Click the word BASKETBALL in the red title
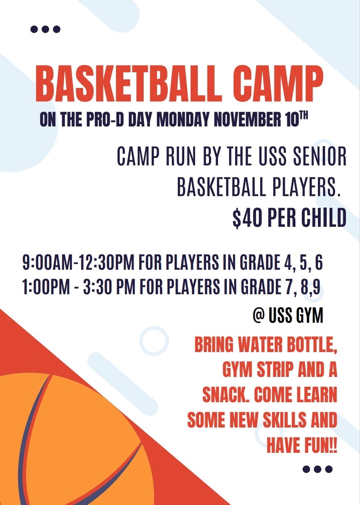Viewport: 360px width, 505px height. (x=128, y=85)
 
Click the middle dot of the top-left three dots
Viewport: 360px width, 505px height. (x=45, y=29)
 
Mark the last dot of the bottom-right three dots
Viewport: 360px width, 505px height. (x=329, y=469)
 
